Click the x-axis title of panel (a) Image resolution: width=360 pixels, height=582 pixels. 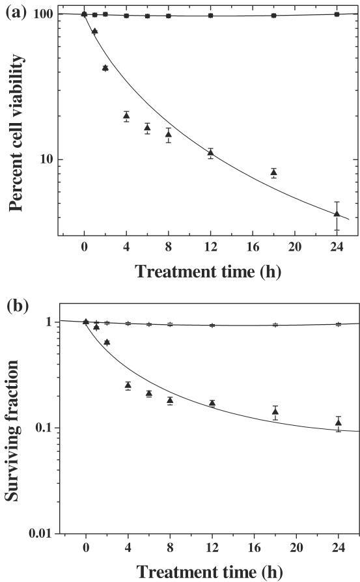click(x=208, y=271)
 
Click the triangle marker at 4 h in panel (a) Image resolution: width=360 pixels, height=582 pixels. click(x=126, y=116)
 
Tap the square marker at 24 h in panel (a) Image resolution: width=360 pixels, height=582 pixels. click(x=337, y=14)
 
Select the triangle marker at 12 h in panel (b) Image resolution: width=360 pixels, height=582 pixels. click(x=212, y=403)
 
